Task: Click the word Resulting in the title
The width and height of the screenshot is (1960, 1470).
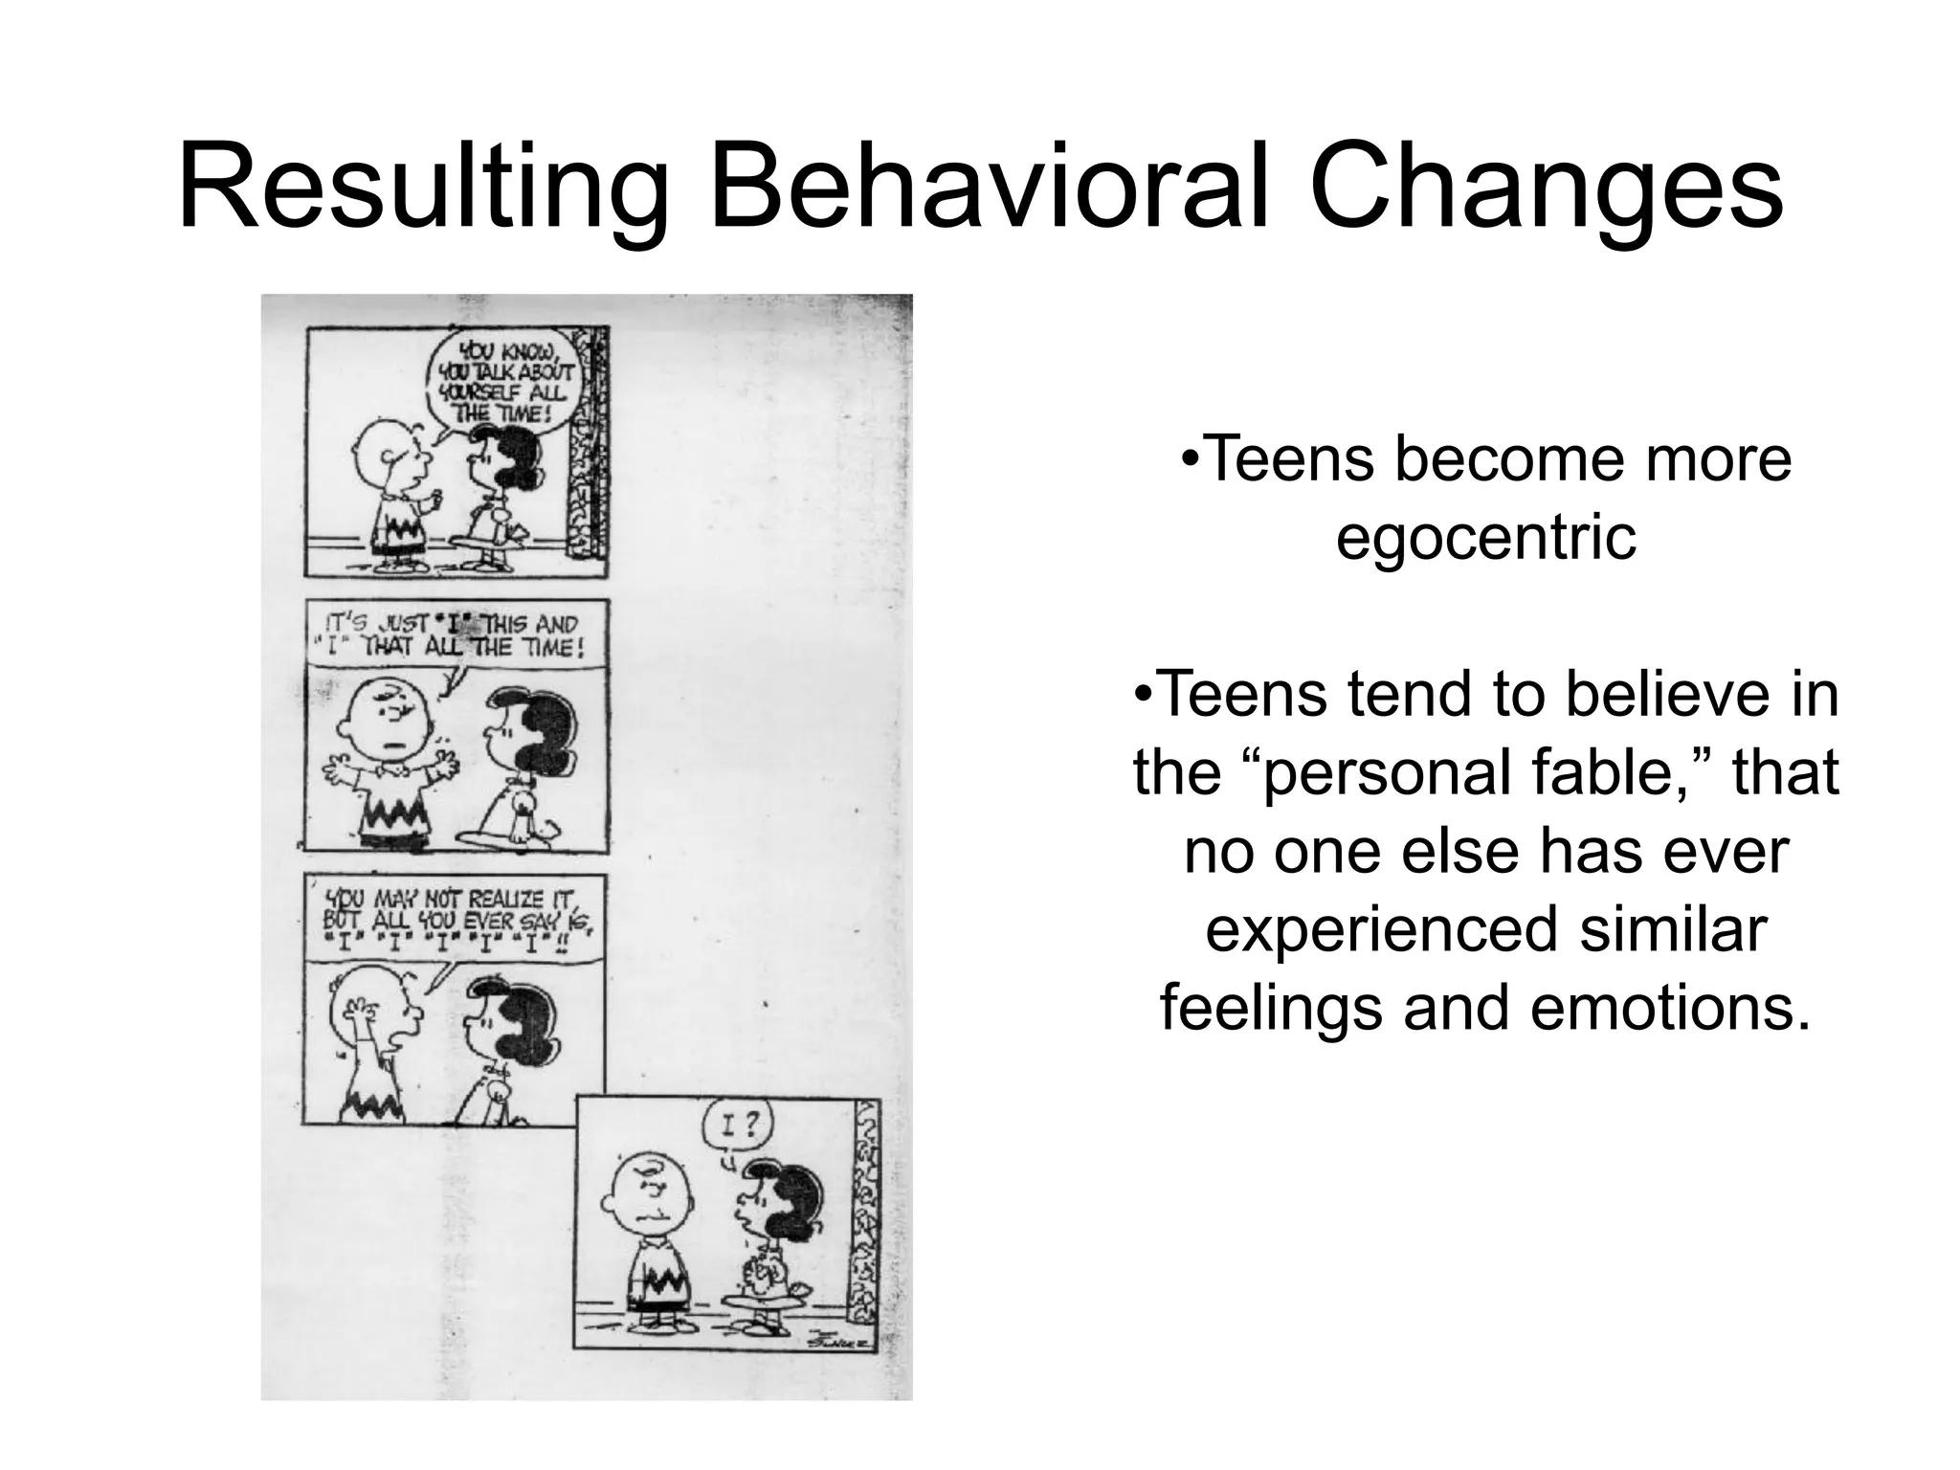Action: coord(422,191)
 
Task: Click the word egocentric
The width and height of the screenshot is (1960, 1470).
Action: coord(1485,537)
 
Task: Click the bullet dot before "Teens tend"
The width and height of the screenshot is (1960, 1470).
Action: coord(1143,693)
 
